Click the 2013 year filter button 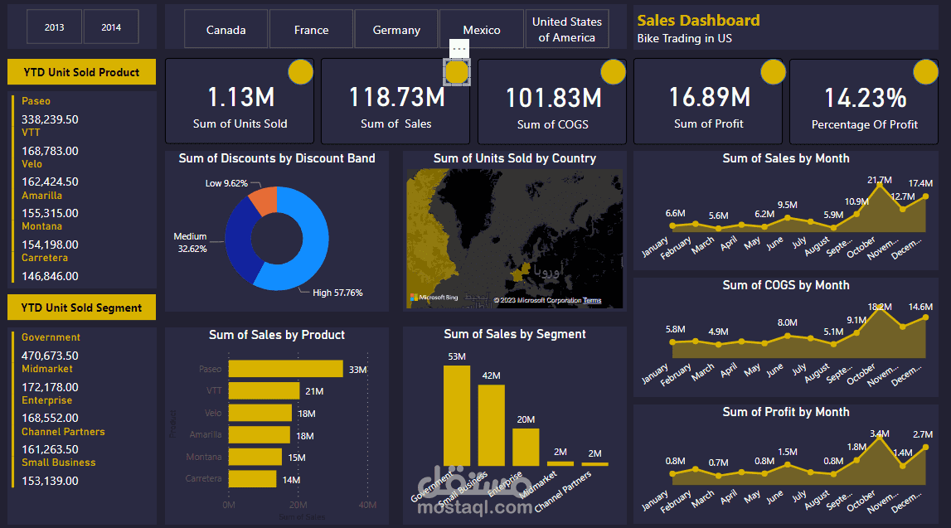(55, 27)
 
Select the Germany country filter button (396, 30)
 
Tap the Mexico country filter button (482, 30)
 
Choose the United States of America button (567, 29)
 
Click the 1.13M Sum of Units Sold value (240, 98)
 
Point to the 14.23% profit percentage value (865, 99)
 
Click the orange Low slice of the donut (263, 201)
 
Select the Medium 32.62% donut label (190, 242)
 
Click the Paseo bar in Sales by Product (285, 369)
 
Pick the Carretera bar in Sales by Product (252, 478)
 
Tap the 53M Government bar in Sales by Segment (456, 414)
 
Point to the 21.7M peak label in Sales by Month (880, 180)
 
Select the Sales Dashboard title (698, 21)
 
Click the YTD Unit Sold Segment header (81, 308)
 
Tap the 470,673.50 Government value (50, 356)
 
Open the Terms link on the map (592, 300)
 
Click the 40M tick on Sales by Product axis (367, 505)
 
